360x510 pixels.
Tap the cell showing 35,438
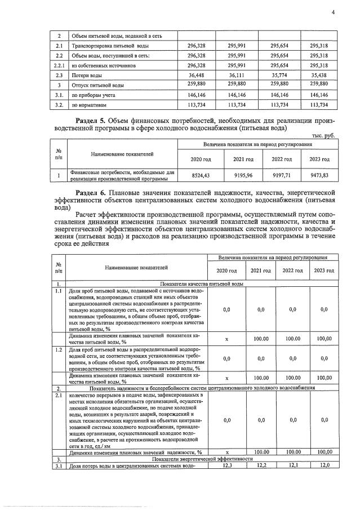[x=319, y=74]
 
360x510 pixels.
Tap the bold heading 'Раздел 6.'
[x=93, y=193]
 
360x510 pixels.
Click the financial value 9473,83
[x=318, y=176]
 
